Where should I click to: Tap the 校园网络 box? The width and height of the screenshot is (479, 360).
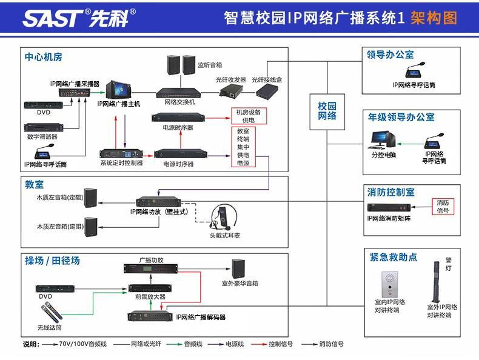(x=327, y=111)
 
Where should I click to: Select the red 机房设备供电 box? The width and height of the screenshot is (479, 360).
(x=248, y=116)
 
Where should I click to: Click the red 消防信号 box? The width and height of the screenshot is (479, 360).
(x=443, y=206)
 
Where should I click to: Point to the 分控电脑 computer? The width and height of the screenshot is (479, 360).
(x=383, y=141)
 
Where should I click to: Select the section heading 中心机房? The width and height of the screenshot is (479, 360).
(x=44, y=57)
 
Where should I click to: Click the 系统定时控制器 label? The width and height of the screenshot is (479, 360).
(x=121, y=163)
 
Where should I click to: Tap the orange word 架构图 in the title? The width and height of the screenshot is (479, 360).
(x=434, y=18)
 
